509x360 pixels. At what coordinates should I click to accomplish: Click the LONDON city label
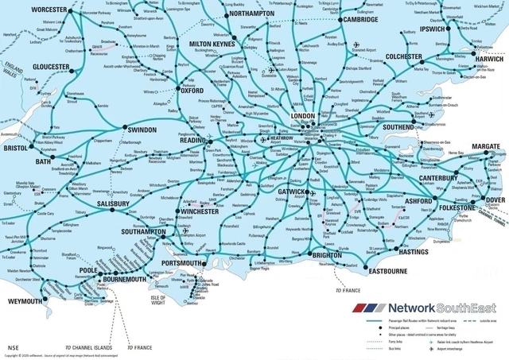[x=303, y=116]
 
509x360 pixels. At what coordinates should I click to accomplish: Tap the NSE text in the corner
[x=13, y=347]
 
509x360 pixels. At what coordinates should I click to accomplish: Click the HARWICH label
[x=489, y=59]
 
